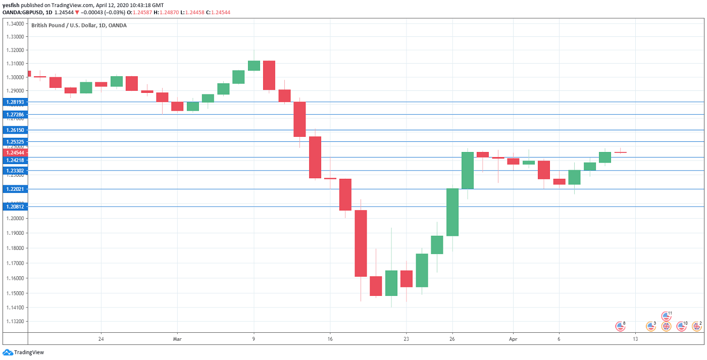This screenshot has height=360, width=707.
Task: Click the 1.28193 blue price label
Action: coord(15,102)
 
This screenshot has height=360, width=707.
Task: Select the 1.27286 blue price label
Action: coord(15,115)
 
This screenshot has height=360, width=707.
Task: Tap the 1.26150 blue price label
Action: coord(15,130)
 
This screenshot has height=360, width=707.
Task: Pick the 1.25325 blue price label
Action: coord(15,142)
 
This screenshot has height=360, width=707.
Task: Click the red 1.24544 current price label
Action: coord(15,152)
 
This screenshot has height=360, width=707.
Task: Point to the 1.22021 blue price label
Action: coord(15,189)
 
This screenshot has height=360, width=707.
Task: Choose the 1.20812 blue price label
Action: coord(15,207)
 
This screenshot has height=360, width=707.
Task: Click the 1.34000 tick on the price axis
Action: coord(15,24)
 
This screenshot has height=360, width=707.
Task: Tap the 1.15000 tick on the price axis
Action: coord(15,293)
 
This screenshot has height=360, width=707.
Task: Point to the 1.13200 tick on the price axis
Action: coord(15,322)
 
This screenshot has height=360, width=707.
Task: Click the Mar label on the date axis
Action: coord(177,339)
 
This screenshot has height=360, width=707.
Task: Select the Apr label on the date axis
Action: coord(513,339)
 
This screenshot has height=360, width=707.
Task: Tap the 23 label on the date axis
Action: coord(406,339)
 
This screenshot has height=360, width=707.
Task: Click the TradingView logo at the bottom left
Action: coord(24,352)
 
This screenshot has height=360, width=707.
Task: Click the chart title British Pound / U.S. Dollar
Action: coord(79,25)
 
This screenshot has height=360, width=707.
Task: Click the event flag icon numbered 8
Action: coord(620,327)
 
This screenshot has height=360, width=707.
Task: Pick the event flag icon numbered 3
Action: coord(651,327)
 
